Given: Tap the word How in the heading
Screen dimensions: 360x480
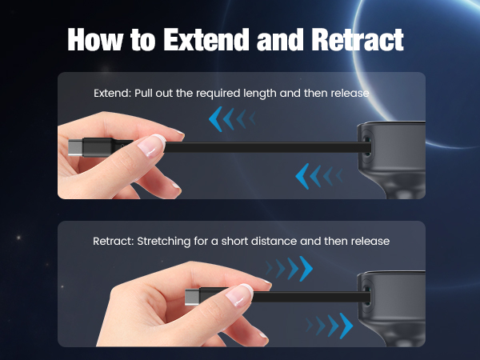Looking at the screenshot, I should [x=98, y=39].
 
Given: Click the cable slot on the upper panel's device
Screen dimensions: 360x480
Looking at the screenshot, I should [x=366, y=147].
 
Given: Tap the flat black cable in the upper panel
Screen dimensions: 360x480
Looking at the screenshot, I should [x=264, y=149].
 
